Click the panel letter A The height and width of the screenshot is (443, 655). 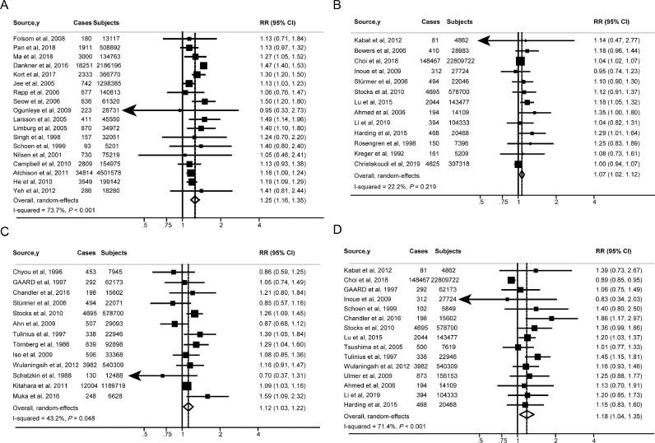(x=6, y=6)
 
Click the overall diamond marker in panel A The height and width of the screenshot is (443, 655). (x=194, y=198)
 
